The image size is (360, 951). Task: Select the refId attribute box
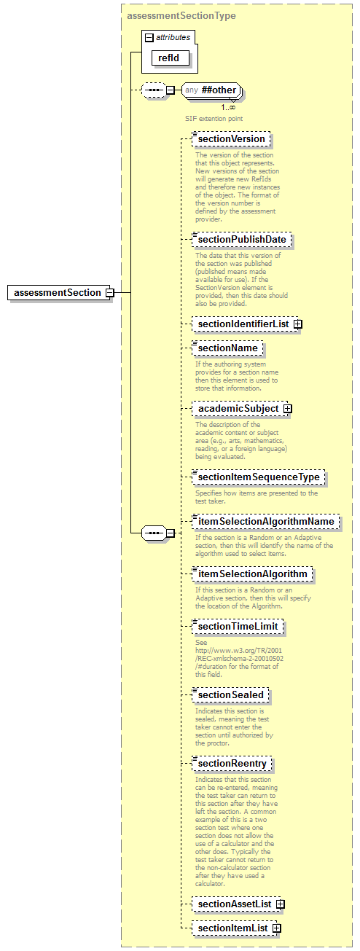(x=170, y=58)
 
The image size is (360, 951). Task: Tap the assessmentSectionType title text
(x=181, y=15)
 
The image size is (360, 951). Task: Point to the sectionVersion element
(x=231, y=138)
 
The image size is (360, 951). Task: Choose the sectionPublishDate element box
(x=241, y=239)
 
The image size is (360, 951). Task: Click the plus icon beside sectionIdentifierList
(x=298, y=324)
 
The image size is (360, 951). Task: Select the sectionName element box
(x=227, y=348)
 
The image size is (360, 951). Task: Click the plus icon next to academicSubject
(x=288, y=409)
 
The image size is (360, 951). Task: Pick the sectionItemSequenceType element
(x=259, y=477)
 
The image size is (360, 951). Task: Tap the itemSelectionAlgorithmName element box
(x=266, y=521)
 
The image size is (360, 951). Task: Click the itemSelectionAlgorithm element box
(x=253, y=574)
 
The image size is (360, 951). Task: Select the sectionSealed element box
(x=231, y=694)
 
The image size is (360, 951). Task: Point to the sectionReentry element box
(x=233, y=763)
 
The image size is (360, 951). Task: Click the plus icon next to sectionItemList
(x=276, y=928)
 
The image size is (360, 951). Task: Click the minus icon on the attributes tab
(x=149, y=37)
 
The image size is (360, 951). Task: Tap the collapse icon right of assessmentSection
(x=109, y=292)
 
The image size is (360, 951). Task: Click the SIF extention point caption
(x=214, y=117)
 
